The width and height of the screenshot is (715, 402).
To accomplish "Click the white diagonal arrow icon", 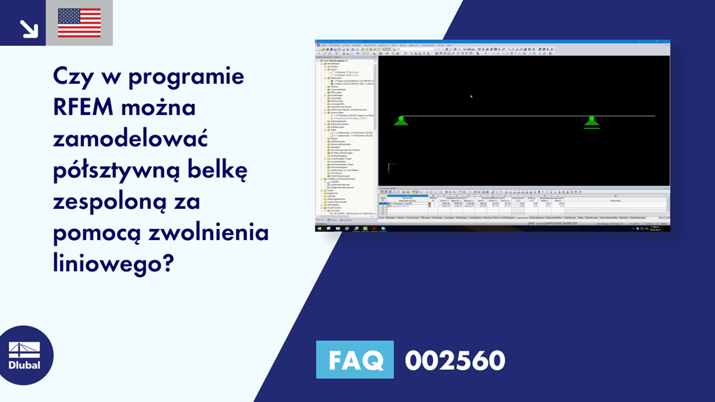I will click(29, 28).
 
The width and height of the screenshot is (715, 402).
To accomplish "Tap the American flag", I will click(79, 23).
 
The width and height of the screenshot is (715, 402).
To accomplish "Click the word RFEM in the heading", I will click(84, 108).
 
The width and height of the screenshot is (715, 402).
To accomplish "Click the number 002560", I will click(455, 360).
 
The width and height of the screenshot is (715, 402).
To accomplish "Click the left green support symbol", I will click(401, 121).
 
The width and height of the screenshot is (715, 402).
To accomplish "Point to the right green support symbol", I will click(591, 122).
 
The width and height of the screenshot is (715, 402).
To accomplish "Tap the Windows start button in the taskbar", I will click(319, 228).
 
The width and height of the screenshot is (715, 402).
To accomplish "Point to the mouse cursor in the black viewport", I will click(471, 96).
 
